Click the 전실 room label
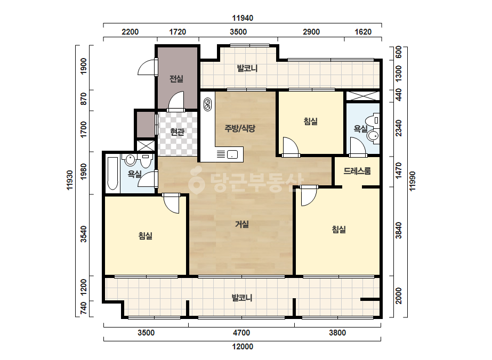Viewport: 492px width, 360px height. click(176, 78)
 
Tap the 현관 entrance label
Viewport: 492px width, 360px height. click(177, 132)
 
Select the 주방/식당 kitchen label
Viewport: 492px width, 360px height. click(240, 128)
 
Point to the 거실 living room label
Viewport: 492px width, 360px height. click(242, 224)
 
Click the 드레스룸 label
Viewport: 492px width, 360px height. click(357, 171)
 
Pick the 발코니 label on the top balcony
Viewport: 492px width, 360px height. click(247, 68)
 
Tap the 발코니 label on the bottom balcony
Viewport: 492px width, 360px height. click(242, 297)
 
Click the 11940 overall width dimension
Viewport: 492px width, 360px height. click(243, 18)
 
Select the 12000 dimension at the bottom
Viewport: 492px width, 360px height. click(243, 347)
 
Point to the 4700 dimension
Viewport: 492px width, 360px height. click(241, 333)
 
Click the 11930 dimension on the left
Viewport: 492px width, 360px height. click(70, 180)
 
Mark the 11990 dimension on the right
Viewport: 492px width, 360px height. click(412, 181)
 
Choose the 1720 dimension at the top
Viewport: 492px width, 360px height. click(178, 31)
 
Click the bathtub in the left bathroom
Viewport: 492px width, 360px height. click(112, 174)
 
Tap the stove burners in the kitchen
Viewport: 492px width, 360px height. click(207, 104)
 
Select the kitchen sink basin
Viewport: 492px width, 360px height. click(232, 154)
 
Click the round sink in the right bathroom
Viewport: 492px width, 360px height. click(373, 136)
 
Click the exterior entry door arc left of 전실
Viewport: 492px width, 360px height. click(146, 68)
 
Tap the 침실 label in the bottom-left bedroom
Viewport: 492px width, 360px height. click(146, 235)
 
